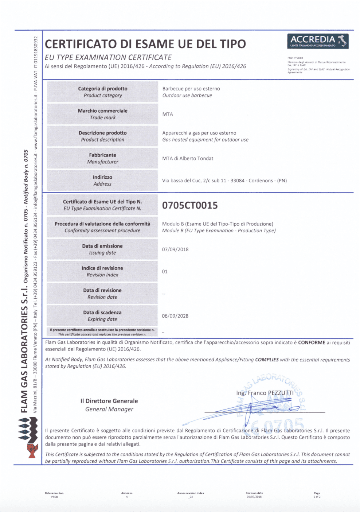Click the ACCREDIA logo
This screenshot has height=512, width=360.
coord(318,41)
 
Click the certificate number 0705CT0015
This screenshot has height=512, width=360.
coord(190,205)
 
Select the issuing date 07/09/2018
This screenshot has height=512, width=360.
coord(175,249)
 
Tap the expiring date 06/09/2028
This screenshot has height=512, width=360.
coord(175,316)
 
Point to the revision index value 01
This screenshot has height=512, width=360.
coord(165,272)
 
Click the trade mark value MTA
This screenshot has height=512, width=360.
coord(168,114)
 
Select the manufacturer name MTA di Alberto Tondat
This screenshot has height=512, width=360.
coord(188,158)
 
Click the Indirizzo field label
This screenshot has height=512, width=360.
coord(102,177)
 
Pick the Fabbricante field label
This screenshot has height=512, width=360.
coord(102,155)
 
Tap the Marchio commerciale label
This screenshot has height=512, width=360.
coord(102,111)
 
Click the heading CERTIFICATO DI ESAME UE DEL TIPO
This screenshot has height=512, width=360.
coord(145,44)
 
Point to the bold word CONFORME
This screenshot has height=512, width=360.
coord(312,342)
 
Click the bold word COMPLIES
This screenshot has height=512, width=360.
coord(267,360)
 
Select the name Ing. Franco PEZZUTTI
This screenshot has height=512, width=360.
coord(265,393)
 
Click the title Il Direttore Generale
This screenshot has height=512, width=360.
coord(109,401)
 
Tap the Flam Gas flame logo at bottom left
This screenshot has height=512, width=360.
coord(28,438)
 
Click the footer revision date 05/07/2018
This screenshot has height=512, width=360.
coord(254,497)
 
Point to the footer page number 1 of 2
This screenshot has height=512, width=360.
coord(317,497)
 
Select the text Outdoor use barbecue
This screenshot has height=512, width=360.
coord(187,96)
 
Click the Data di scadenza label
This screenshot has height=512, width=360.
coord(102,313)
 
